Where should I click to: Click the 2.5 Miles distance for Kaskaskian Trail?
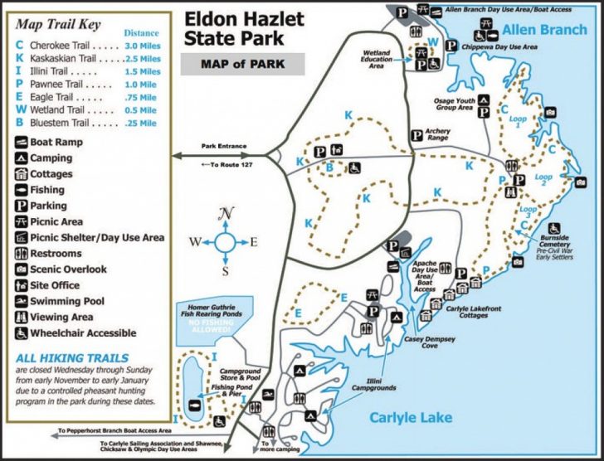pyautogui.click(x=142, y=61)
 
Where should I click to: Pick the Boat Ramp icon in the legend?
pyautogui.click(x=22, y=142)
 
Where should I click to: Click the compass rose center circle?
pyautogui.click(x=226, y=243)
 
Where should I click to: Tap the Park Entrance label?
pyautogui.click(x=224, y=147)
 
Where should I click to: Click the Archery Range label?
pyautogui.click(x=437, y=134)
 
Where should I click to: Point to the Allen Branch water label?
pyautogui.click(x=543, y=31)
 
